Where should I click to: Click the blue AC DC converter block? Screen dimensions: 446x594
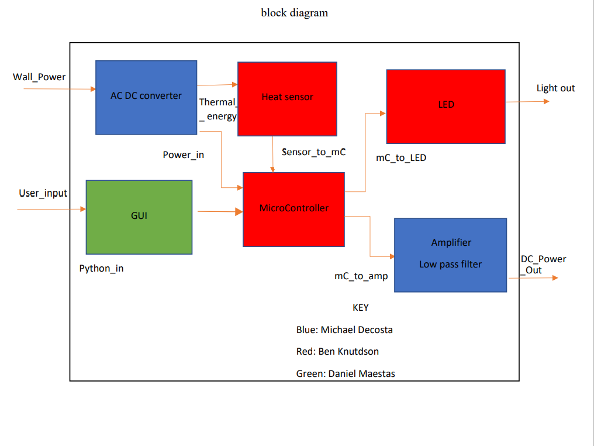146,97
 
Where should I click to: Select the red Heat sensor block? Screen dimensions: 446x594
287,98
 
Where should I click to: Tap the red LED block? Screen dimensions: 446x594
446,106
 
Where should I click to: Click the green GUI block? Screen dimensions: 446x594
139,217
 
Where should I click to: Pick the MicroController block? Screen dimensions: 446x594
293,209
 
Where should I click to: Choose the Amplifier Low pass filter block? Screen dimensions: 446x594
450,255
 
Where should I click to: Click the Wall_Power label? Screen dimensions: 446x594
39,77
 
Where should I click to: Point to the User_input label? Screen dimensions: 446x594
43,193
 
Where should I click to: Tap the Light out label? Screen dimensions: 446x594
555,88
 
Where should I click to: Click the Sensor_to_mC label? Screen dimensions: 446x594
313,152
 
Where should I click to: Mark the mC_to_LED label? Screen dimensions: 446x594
401,157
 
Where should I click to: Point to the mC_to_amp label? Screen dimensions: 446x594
361,276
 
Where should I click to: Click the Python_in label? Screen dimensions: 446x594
101,269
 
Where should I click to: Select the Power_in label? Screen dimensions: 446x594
183,155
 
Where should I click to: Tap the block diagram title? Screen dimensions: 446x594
294,13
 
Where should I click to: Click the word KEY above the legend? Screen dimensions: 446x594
360,308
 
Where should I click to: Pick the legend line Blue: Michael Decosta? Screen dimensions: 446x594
344,330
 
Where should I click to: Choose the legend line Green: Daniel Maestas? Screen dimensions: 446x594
346,374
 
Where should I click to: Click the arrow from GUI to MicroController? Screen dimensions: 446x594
219,212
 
